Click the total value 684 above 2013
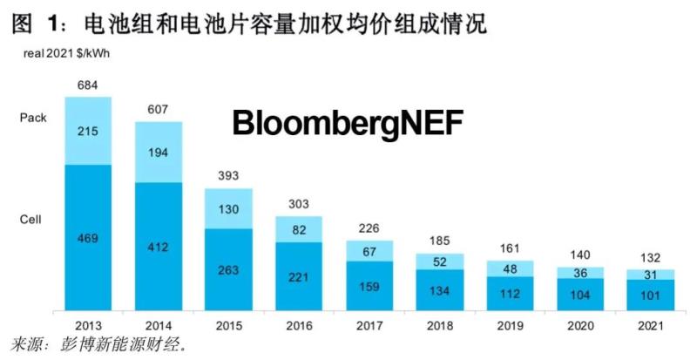[x=88, y=85]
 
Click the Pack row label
[x=33, y=117]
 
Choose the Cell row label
[x=30, y=220]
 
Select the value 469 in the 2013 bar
[x=88, y=237]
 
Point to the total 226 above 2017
[x=369, y=230]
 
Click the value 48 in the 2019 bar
[x=509, y=268]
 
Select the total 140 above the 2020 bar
[x=579, y=255]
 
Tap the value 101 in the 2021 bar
[x=650, y=295]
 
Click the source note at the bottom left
[x=96, y=345]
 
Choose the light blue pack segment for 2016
[x=299, y=228]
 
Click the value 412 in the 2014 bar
[x=158, y=248]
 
